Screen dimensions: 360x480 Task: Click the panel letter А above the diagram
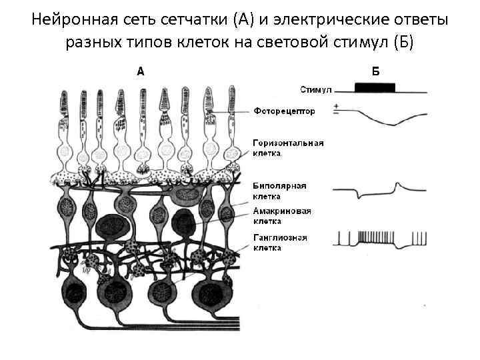[141, 72]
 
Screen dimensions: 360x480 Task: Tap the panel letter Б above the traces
[375, 72]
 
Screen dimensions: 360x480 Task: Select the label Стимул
[316, 88]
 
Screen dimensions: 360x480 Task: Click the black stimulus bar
[375, 87]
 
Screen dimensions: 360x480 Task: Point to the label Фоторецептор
[284, 111]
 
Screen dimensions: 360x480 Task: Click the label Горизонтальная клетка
[288, 147]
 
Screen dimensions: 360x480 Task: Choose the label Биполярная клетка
[279, 191]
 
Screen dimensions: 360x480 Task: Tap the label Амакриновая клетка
[282, 216]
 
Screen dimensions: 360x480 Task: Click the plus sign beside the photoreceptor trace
[337, 106]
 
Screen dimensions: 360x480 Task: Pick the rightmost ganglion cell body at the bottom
[215, 293]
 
